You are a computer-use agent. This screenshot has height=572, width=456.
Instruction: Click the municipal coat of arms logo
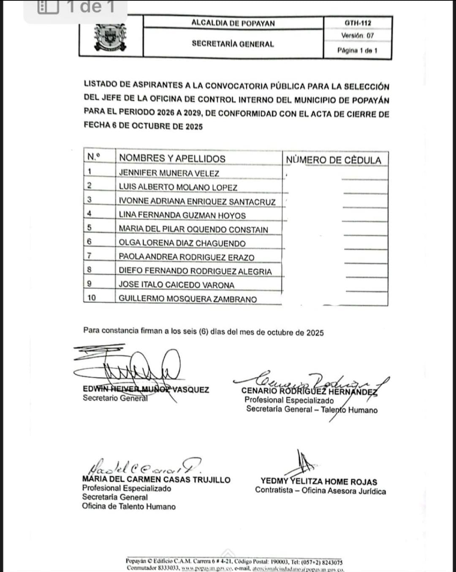pos(111,37)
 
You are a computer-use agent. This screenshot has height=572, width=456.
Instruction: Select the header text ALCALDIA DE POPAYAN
pos(233,23)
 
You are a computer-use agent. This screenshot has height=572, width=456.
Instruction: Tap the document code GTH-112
pos(358,23)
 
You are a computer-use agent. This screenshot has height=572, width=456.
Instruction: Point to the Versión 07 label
pos(357,36)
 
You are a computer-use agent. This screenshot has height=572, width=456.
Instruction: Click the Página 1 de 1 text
pos(357,51)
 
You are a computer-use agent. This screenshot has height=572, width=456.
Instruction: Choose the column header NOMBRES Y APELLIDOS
pos(172,158)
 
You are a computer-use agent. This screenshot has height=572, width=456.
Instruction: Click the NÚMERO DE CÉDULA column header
pos(334,160)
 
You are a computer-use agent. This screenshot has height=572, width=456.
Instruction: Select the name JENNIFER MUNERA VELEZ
pos(169,173)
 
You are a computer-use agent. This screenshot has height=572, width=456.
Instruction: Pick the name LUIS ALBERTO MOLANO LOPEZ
pos(178,187)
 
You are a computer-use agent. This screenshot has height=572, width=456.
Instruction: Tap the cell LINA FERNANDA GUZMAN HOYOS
pos(182,215)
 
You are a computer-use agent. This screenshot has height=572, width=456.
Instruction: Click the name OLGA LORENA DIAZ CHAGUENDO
pos(182,243)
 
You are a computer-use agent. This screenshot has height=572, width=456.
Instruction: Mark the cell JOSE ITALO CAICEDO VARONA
pos(176,285)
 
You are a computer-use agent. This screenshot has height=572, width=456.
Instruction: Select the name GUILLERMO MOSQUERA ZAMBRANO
pos(187,299)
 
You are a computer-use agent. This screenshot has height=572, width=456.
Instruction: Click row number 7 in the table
pos(89,256)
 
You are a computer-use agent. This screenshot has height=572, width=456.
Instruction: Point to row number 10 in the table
pos(92,298)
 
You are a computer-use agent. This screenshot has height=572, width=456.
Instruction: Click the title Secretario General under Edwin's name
pos(115,398)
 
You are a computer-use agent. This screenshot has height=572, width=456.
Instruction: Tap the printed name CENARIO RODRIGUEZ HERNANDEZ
pos(309,391)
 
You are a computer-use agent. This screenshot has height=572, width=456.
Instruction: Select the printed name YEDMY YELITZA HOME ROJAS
pos(319,482)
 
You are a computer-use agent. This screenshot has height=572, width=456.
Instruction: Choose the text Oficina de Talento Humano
pos(129,507)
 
